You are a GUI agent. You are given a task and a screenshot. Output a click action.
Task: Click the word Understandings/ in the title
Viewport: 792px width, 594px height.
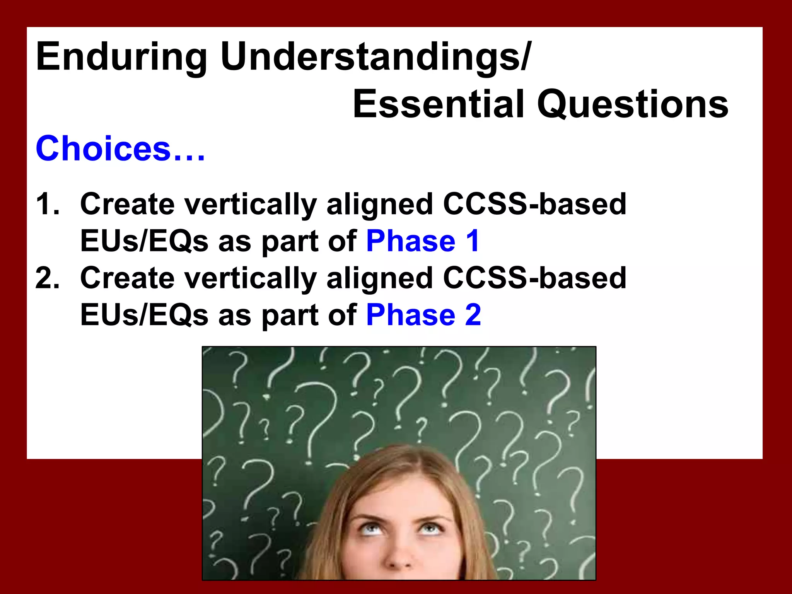[376, 57]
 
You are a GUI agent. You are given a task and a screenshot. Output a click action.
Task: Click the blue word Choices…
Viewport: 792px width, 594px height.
[120, 149]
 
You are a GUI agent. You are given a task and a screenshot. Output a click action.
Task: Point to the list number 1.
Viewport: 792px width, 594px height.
[47, 204]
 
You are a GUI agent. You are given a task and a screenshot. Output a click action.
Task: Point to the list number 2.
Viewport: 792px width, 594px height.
[47, 278]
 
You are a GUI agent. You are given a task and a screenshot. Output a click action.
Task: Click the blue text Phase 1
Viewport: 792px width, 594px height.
[423, 241]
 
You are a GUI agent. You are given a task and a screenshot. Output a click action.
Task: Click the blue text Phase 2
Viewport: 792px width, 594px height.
[423, 315]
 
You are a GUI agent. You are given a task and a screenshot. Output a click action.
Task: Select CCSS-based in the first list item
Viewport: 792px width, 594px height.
[534, 204]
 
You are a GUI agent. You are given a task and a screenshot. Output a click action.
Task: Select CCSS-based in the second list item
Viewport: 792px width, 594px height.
[534, 278]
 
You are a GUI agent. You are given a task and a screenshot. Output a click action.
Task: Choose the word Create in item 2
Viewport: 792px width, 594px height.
[127, 278]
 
